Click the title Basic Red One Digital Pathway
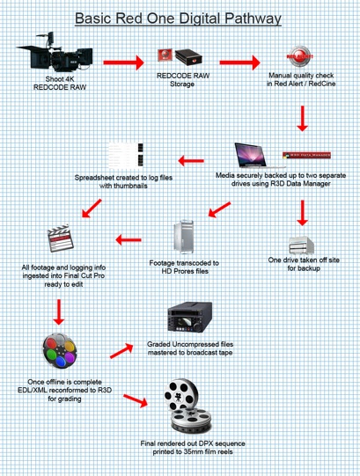pos(178,18)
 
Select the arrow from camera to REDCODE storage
pos(123,62)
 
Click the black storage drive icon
pos(188,57)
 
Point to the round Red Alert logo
pos(299,56)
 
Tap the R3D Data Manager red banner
pos(306,155)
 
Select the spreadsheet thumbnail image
pos(126,156)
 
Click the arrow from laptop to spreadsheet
pos(191,161)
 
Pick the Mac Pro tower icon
pos(183,237)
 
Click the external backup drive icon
pos(301,245)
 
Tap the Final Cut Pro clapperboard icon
pos(61,238)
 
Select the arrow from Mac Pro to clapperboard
pos(129,240)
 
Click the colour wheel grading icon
pos(60,351)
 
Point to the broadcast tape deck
pos(190,318)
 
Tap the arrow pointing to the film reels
pos(136,400)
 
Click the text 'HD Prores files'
pos(185,271)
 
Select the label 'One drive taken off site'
pos(304,260)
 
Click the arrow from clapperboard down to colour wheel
pos(59,312)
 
